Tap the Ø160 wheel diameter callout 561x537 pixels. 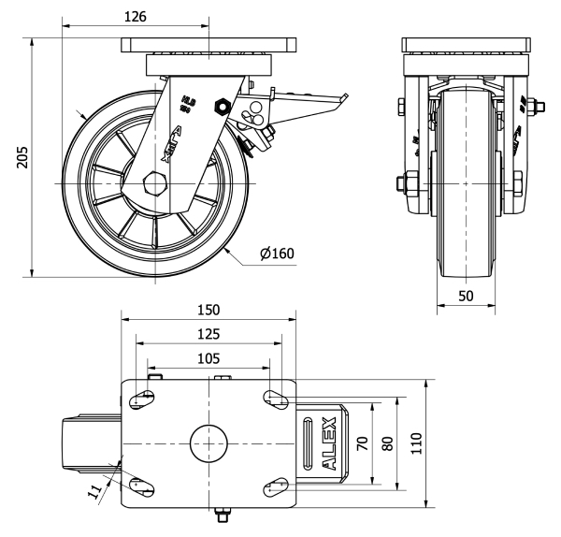(278, 254)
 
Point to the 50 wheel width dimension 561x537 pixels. (465, 296)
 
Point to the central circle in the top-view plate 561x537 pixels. (209, 442)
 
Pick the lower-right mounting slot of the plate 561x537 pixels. (276, 485)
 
